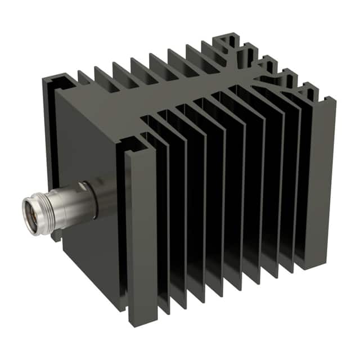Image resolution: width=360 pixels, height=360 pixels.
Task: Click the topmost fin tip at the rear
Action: click(x=231, y=37)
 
